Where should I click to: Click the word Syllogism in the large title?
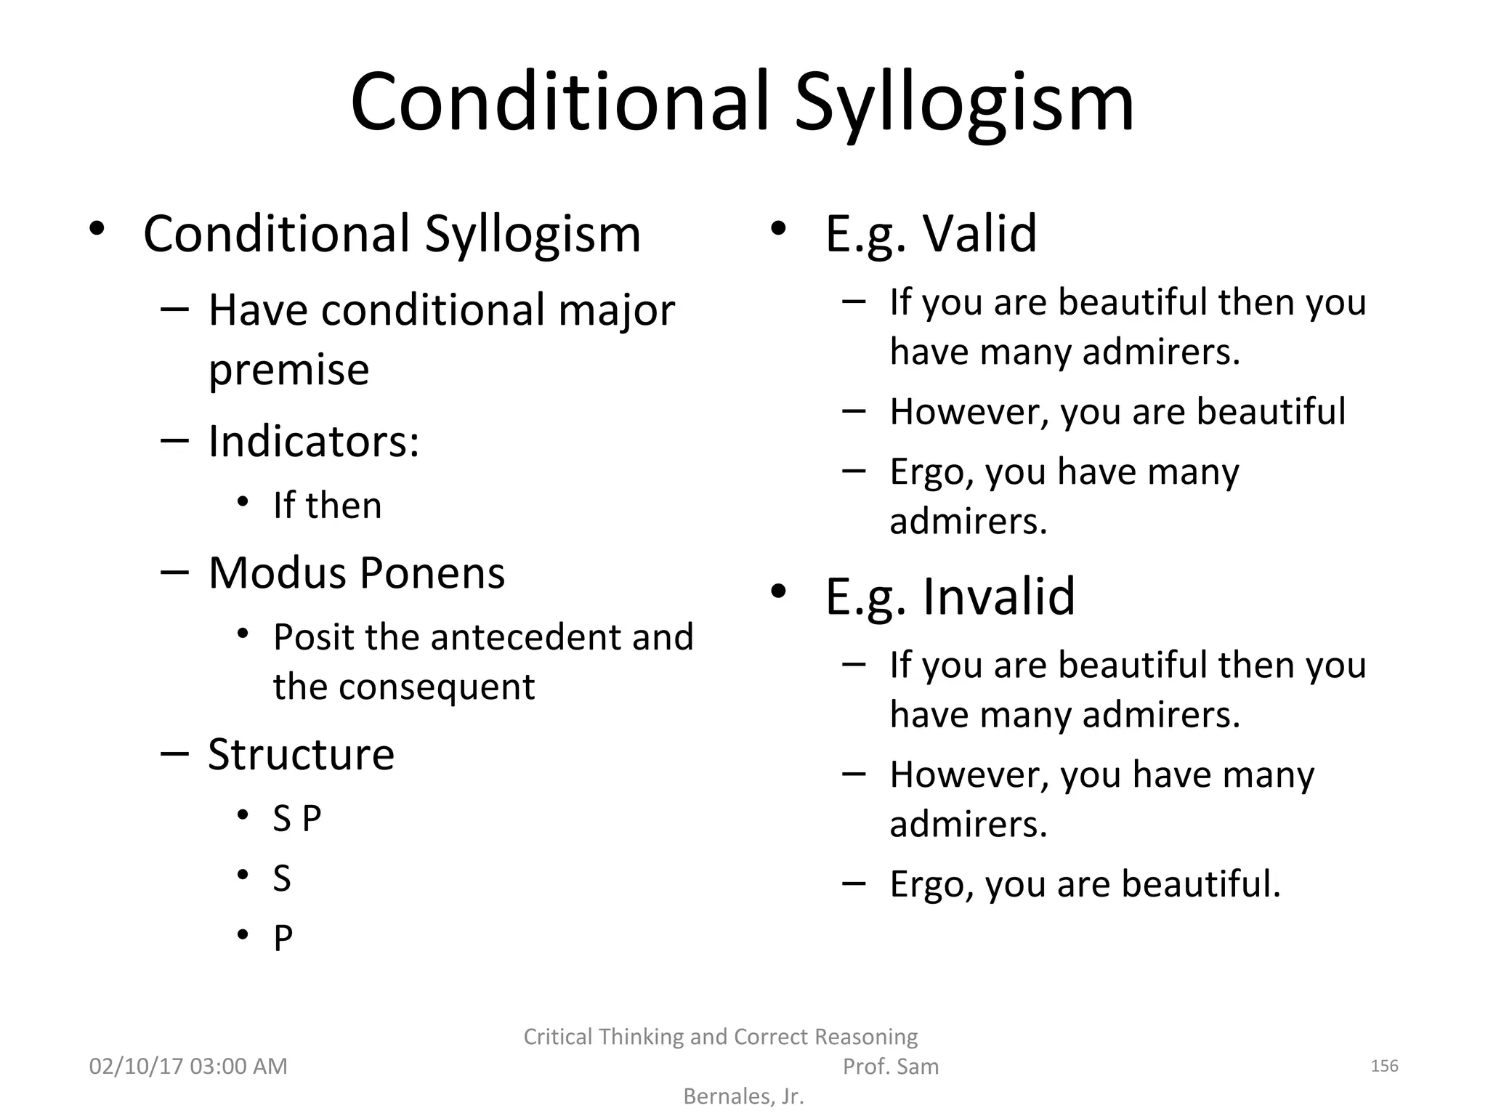[x=963, y=103]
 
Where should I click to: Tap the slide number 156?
[x=1384, y=1066]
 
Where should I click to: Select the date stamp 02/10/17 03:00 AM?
[x=188, y=1066]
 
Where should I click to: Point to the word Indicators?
[x=314, y=441]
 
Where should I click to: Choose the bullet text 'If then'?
[x=327, y=506]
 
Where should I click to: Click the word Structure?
[x=301, y=754]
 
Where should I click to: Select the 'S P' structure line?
[x=296, y=819]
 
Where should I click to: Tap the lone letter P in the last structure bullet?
[x=283, y=938]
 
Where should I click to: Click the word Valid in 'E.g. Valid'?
[x=979, y=234]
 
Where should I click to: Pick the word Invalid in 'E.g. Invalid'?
[x=998, y=597]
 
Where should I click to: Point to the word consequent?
[x=437, y=687]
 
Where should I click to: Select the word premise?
[x=288, y=370]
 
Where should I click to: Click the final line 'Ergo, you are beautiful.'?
[x=1085, y=884]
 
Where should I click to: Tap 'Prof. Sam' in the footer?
[x=890, y=1067]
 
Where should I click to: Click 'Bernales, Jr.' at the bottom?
[x=743, y=1096]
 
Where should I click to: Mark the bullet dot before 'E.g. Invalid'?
[x=778, y=592]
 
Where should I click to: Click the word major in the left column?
[x=616, y=310]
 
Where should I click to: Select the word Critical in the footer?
[x=557, y=1037]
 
